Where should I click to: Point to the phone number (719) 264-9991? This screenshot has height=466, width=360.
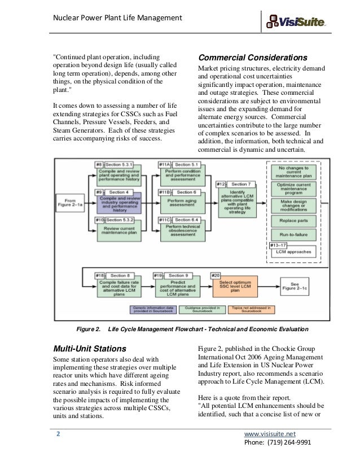[x=271, y=444]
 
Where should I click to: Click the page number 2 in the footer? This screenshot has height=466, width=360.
[x=57, y=434]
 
